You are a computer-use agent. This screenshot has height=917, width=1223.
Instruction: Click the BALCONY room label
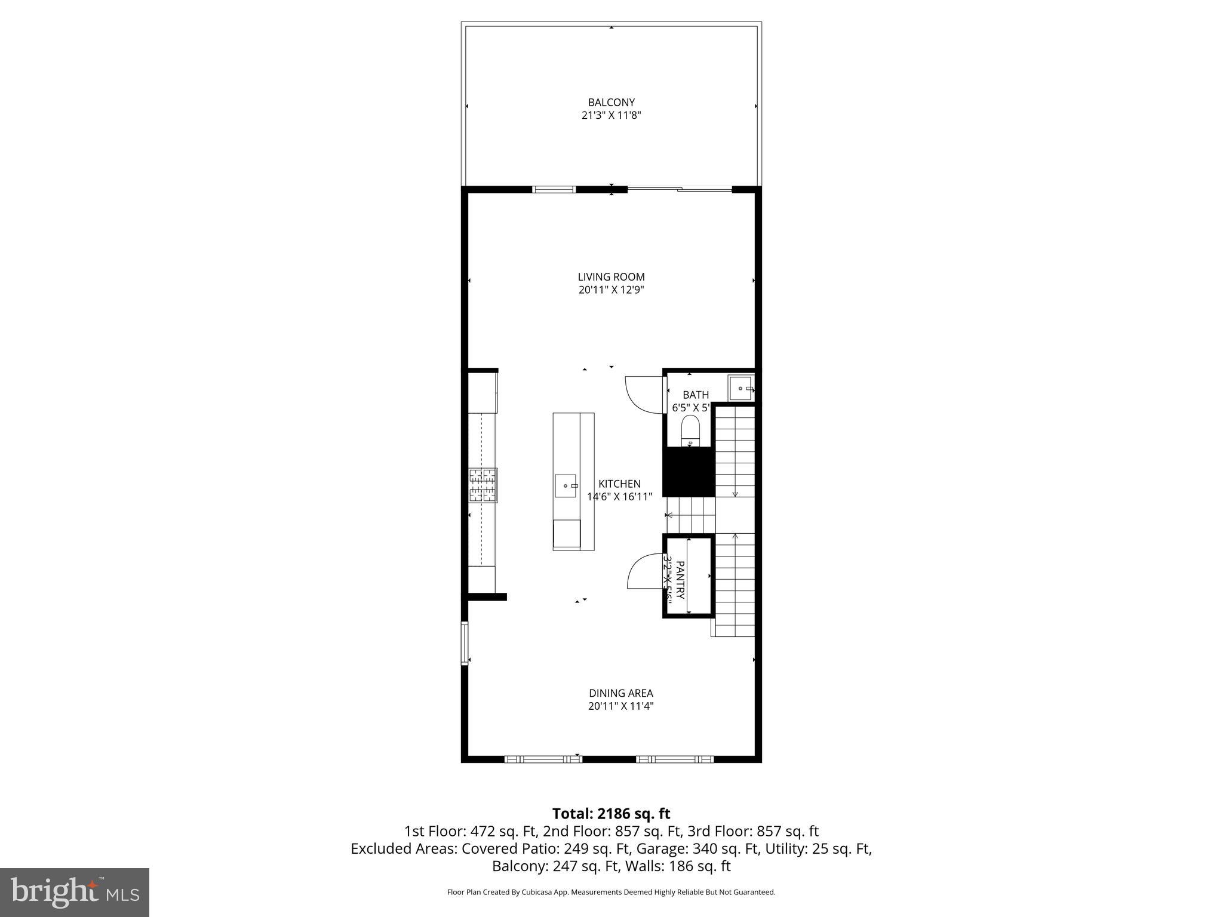(x=611, y=102)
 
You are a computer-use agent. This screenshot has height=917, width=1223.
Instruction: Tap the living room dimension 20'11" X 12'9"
(x=611, y=290)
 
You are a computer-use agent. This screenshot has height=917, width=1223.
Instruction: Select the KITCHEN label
(x=619, y=484)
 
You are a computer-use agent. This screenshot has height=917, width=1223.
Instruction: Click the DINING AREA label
(x=620, y=693)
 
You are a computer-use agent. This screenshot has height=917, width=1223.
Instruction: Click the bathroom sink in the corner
(x=741, y=389)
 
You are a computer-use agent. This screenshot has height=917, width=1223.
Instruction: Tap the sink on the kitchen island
(x=566, y=485)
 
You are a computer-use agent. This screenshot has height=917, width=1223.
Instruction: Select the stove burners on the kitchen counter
(x=483, y=485)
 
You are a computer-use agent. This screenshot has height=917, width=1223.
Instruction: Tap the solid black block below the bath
(x=689, y=472)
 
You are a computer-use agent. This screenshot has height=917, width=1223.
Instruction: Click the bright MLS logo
(x=74, y=892)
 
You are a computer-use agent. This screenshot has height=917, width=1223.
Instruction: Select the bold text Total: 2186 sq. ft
(x=611, y=814)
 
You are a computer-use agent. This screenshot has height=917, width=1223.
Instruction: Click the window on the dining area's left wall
(x=464, y=643)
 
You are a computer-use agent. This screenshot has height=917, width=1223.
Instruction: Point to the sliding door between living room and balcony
(x=680, y=190)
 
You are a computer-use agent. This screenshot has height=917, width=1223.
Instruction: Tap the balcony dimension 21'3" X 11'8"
(x=611, y=115)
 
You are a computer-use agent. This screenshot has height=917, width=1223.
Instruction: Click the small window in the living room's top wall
(x=554, y=190)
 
